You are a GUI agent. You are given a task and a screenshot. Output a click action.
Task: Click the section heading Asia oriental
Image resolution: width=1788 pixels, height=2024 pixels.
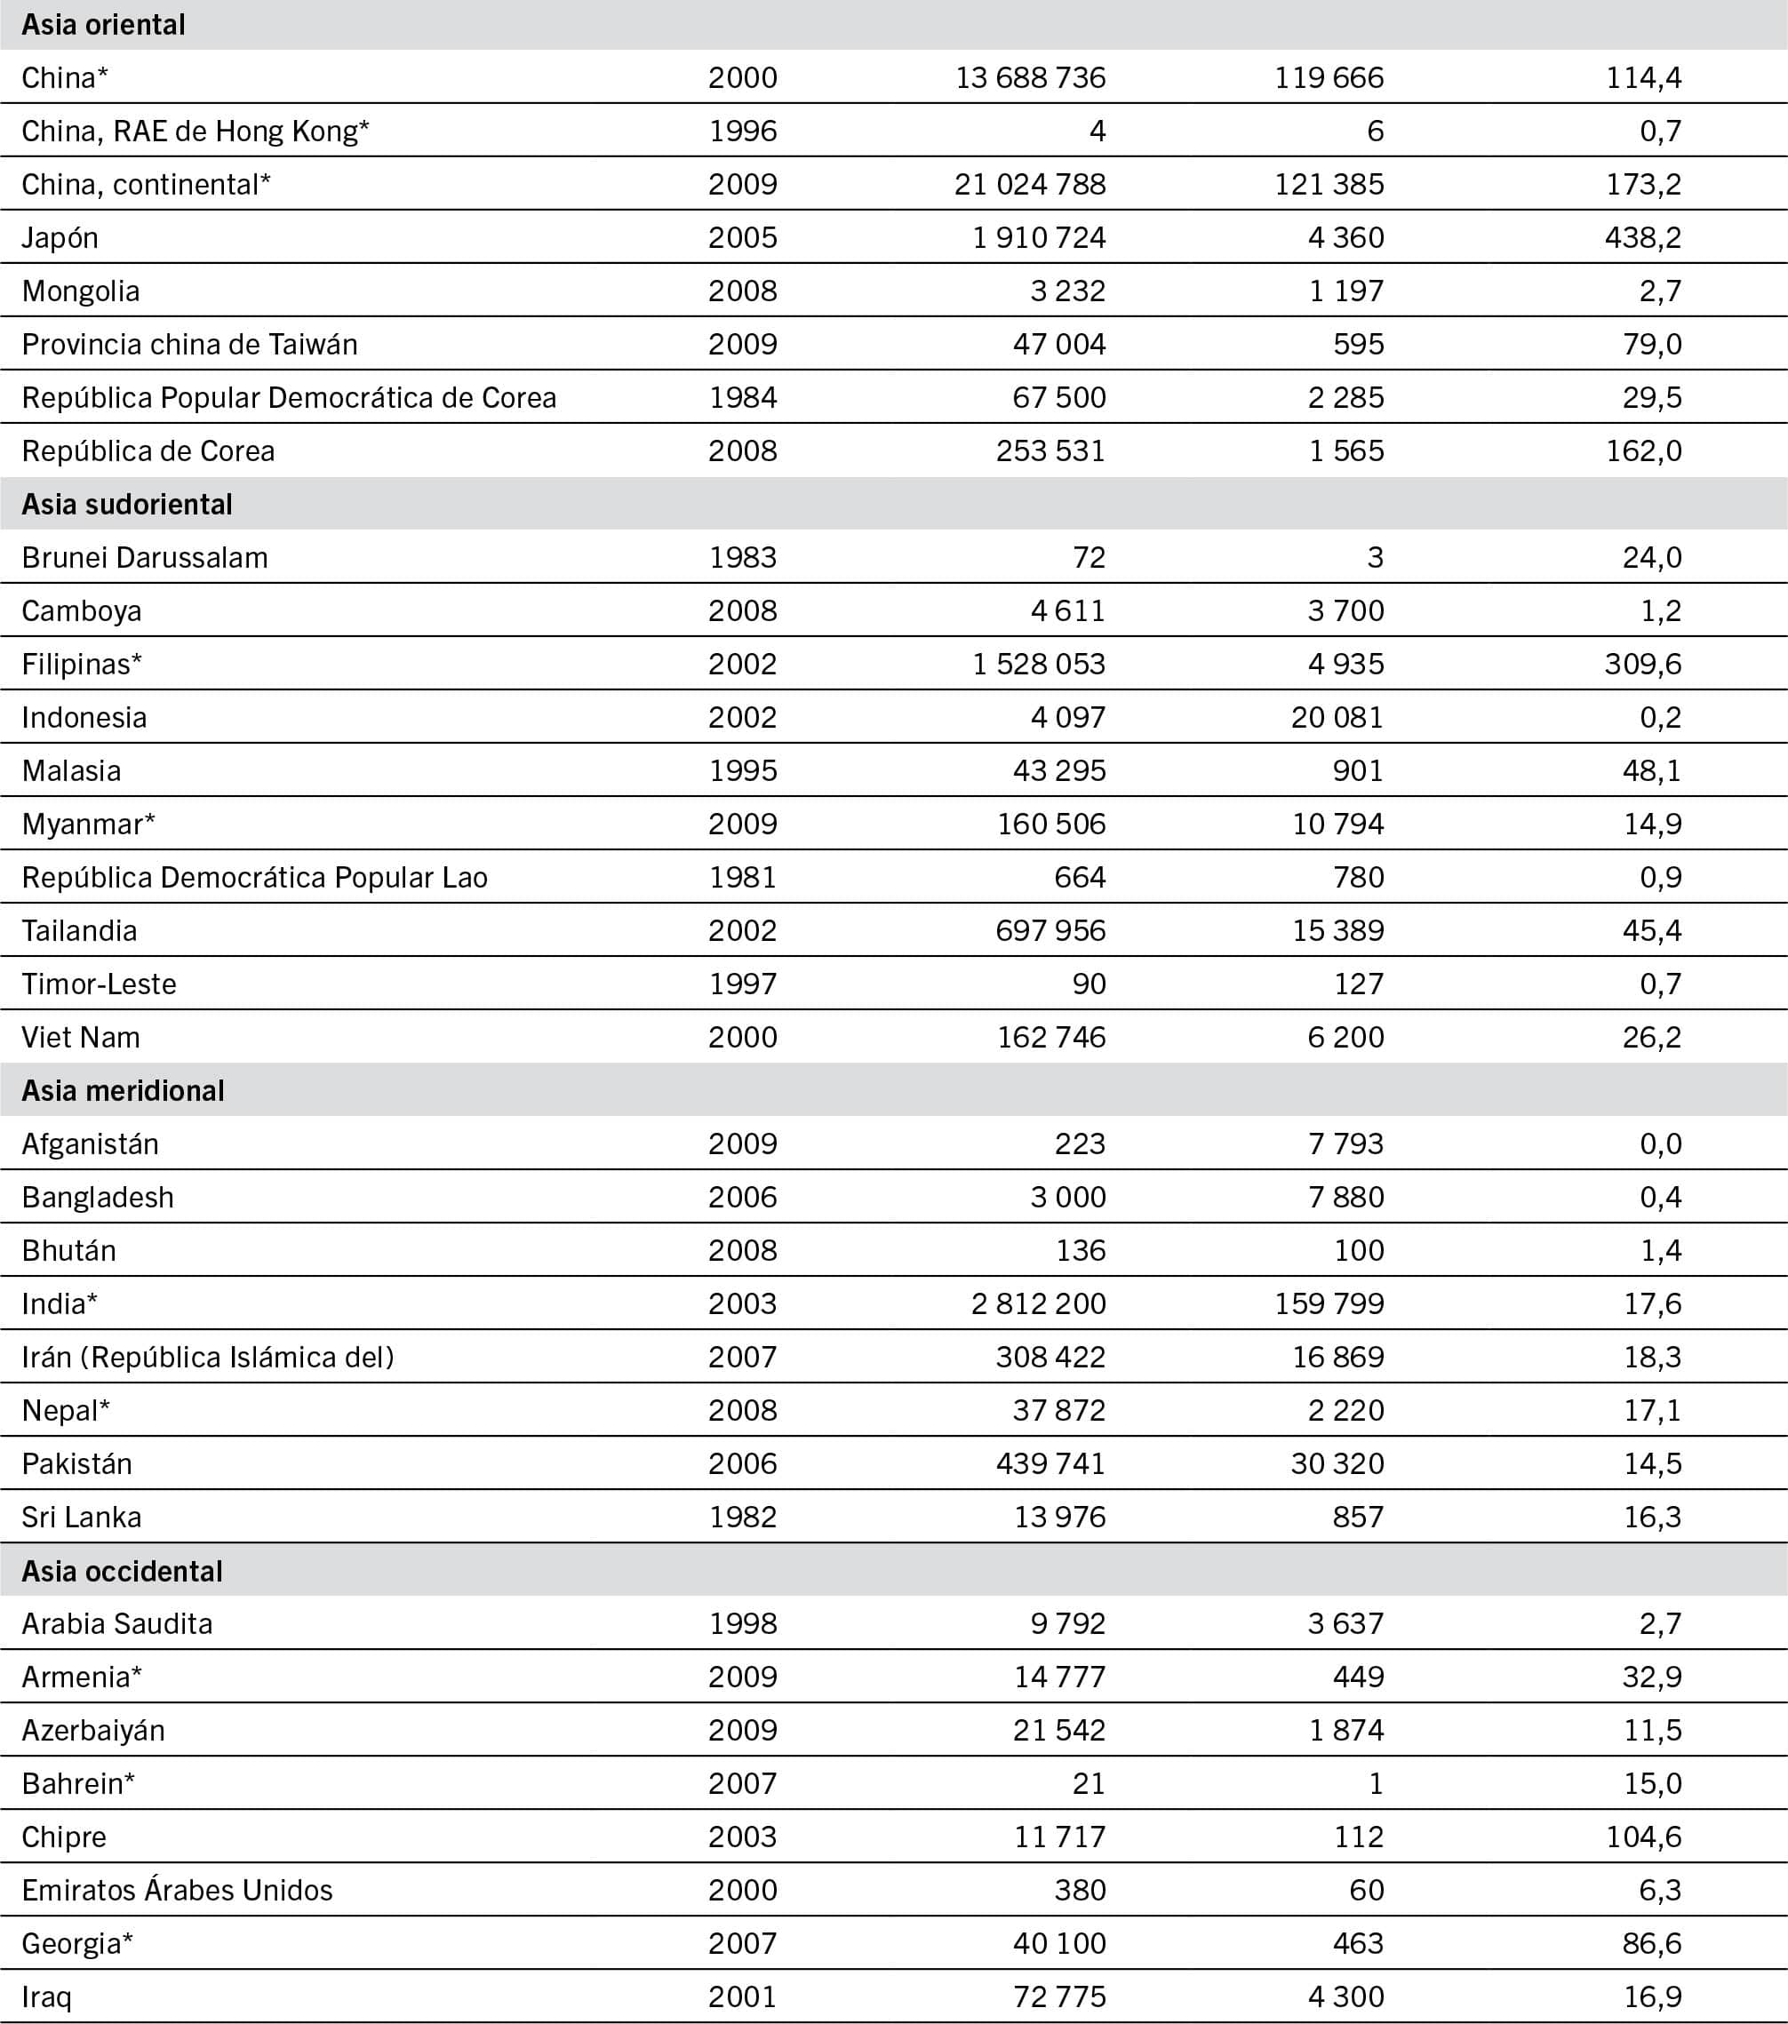[x=103, y=25]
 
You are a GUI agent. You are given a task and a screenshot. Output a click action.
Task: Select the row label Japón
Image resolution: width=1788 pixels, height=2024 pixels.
[x=60, y=237]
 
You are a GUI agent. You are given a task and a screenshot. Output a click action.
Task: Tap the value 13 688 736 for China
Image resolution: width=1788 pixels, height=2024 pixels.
[x=1030, y=77]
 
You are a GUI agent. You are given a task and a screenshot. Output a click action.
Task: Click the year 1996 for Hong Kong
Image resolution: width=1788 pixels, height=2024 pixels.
[x=743, y=131]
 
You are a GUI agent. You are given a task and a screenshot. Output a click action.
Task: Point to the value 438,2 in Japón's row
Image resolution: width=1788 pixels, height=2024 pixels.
[x=1643, y=237]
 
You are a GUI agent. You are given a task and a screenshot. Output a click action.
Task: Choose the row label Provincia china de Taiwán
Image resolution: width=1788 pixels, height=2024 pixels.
[x=189, y=345]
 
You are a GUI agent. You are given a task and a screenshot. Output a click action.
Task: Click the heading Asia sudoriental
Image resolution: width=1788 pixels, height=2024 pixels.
[x=127, y=504]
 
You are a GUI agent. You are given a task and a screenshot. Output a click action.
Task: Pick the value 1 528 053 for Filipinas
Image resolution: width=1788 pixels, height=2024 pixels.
[x=1038, y=664]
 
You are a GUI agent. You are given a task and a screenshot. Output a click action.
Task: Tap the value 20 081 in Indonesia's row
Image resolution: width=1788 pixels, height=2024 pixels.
[x=1337, y=717]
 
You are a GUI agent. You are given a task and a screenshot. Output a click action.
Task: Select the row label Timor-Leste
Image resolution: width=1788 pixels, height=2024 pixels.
[x=99, y=984]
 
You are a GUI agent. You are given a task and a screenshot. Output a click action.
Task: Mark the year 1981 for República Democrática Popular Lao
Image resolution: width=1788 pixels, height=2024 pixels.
[x=743, y=877]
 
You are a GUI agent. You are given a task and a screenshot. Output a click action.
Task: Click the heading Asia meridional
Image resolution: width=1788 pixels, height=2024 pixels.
[x=123, y=1090]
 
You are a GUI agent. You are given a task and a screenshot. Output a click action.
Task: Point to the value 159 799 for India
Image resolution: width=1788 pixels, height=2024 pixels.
[x=1329, y=1304]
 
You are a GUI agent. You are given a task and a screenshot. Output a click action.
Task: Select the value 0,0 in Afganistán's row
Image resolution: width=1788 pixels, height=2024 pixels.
[x=1660, y=1143]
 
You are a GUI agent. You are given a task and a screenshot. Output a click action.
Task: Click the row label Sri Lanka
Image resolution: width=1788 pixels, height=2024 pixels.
[x=81, y=1517]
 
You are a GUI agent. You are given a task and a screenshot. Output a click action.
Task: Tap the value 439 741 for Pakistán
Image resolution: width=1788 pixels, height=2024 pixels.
[x=1050, y=1463]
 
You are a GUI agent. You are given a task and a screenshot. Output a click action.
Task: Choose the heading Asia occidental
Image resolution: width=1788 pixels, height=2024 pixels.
[x=122, y=1572]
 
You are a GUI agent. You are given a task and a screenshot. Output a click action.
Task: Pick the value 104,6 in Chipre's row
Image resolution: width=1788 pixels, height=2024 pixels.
[x=1643, y=1837]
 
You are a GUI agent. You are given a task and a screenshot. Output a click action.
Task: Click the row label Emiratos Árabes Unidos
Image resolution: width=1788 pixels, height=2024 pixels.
[x=178, y=1891]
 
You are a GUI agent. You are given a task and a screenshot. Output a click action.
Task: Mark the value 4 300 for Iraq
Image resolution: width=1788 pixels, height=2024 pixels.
[x=1345, y=1997]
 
